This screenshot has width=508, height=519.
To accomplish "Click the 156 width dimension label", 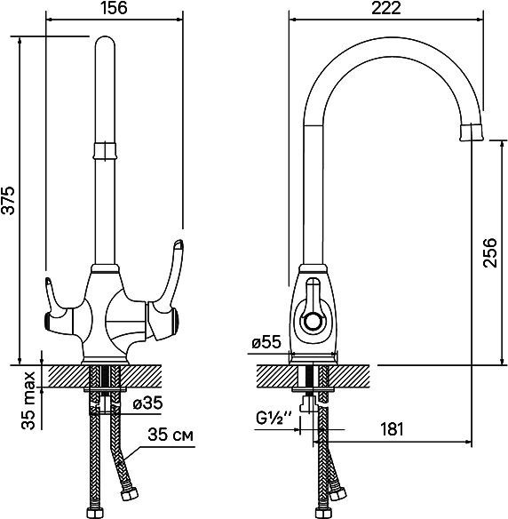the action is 114,8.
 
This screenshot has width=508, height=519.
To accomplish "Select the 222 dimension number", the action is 386,8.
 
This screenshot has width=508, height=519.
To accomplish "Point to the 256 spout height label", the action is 489,252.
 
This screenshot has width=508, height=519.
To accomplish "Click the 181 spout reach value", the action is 392,429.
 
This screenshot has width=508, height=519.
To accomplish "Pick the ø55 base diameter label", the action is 266,342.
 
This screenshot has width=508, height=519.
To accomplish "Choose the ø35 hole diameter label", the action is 147,403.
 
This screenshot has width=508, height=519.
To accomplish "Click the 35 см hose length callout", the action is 171,435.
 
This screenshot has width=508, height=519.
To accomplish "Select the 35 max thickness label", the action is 28,401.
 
